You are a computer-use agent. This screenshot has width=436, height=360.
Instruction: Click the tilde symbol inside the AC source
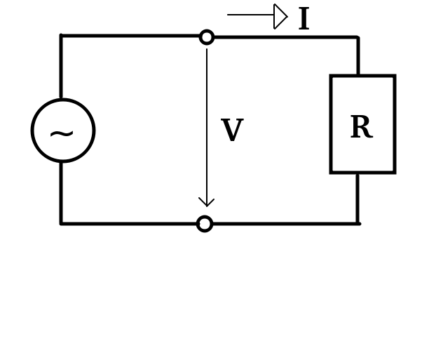(62, 133)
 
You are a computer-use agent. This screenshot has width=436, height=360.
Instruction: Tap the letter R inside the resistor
(360, 128)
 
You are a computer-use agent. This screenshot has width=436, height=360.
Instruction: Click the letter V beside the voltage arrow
(231, 131)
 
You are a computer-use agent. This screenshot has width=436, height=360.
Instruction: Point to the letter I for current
(304, 20)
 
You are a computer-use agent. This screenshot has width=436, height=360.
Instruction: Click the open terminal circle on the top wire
(207, 37)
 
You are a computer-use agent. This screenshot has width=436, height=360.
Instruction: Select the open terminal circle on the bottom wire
(205, 224)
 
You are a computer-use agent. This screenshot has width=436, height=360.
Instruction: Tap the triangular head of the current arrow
(280, 16)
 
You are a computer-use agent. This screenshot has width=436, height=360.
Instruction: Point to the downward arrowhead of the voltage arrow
(206, 203)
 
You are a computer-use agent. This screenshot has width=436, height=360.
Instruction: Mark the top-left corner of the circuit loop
(61, 36)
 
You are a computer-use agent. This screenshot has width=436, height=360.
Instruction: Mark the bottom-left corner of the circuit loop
(61, 224)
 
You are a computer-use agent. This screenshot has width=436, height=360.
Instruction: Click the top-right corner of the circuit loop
(358, 36)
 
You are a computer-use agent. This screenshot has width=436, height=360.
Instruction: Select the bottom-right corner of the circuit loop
(357, 224)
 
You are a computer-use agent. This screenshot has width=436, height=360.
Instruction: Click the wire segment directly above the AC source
(61, 67)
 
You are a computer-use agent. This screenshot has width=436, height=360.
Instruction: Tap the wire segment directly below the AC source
(61, 192)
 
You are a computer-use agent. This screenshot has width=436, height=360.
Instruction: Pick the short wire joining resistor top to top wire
(358, 56)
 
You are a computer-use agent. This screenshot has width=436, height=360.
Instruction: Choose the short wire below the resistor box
(357, 198)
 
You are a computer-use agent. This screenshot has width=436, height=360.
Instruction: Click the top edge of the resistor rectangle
(362, 76)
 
